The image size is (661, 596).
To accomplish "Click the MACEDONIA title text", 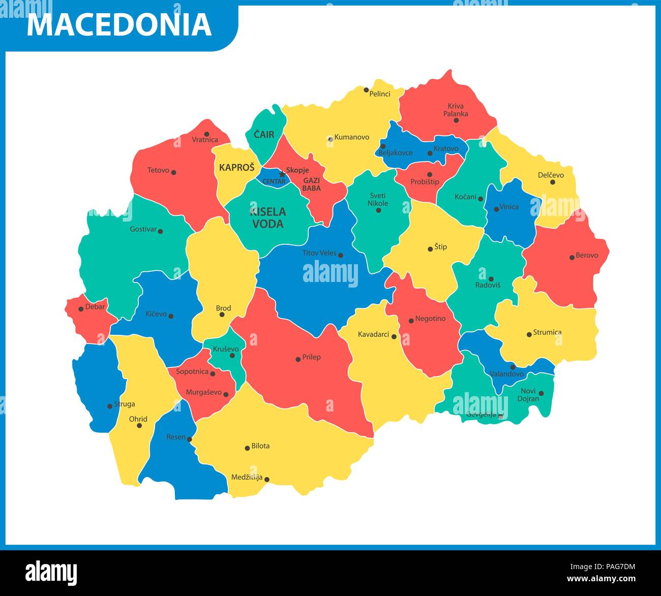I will (x=119, y=25).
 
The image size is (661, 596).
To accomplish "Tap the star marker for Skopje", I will (x=282, y=174).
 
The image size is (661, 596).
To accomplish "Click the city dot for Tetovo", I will (x=173, y=172).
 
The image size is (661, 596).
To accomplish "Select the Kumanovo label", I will (x=352, y=137).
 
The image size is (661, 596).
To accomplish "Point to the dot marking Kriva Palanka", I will (x=456, y=120).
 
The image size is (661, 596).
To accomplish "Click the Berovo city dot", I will (x=572, y=257).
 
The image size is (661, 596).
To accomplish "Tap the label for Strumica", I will (x=547, y=332).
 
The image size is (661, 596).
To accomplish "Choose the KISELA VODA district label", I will (x=268, y=217).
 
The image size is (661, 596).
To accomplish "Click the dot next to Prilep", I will (x=298, y=359).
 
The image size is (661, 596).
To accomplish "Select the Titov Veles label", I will (x=319, y=253).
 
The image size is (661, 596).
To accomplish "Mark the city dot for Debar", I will (x=81, y=309).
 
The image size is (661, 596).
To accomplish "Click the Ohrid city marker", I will (x=139, y=425).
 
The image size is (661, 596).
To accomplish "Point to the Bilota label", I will (x=260, y=446).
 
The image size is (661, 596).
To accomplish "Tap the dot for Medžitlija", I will (x=266, y=479).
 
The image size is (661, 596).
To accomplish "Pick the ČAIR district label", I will (x=264, y=135).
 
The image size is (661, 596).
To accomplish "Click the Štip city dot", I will (x=430, y=249).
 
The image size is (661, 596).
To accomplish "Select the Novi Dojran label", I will (x=528, y=395).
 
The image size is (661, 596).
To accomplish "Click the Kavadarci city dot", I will (x=394, y=336).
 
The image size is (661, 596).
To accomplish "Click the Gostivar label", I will (x=143, y=229).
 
